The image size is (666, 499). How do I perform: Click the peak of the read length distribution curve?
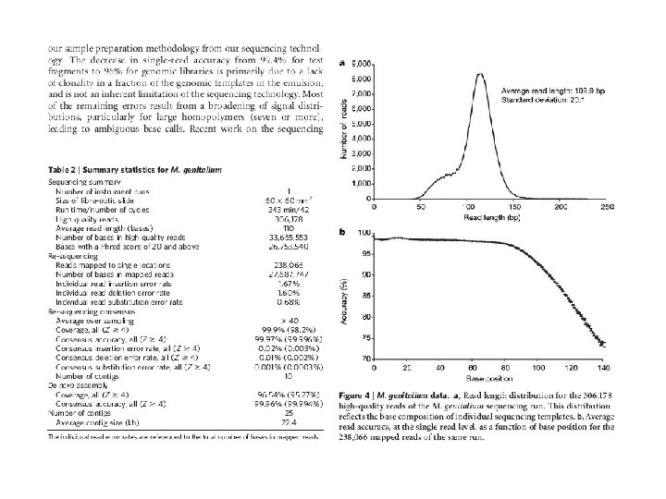coord(479,74)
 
